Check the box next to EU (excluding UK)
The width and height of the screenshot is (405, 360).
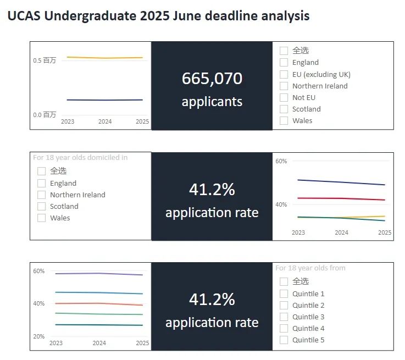tap(284, 74)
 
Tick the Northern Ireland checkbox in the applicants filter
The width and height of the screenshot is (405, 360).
tap(284, 86)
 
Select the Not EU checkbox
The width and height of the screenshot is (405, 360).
tap(284, 97)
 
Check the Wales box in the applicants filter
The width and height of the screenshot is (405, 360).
tap(284, 120)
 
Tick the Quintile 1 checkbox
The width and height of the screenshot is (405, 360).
tap(284, 293)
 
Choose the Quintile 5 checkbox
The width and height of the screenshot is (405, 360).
tap(284, 340)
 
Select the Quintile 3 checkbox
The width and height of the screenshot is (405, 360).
tap(284, 317)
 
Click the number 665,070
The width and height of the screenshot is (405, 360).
tap(212, 79)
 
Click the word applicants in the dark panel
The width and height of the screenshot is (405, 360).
tap(212, 102)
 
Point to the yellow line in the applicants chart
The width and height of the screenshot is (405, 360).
tap(104, 58)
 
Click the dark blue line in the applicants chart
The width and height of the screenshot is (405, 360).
tap(104, 100)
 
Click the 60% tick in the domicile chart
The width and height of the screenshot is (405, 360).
tap(281, 161)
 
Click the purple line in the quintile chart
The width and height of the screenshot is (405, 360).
tap(99, 273)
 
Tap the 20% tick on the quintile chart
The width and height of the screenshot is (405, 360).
tap(39, 336)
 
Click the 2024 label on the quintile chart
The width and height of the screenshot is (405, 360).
tap(99, 343)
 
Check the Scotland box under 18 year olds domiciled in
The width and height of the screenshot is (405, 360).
tap(42, 206)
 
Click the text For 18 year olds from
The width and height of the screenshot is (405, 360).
tap(310, 268)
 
